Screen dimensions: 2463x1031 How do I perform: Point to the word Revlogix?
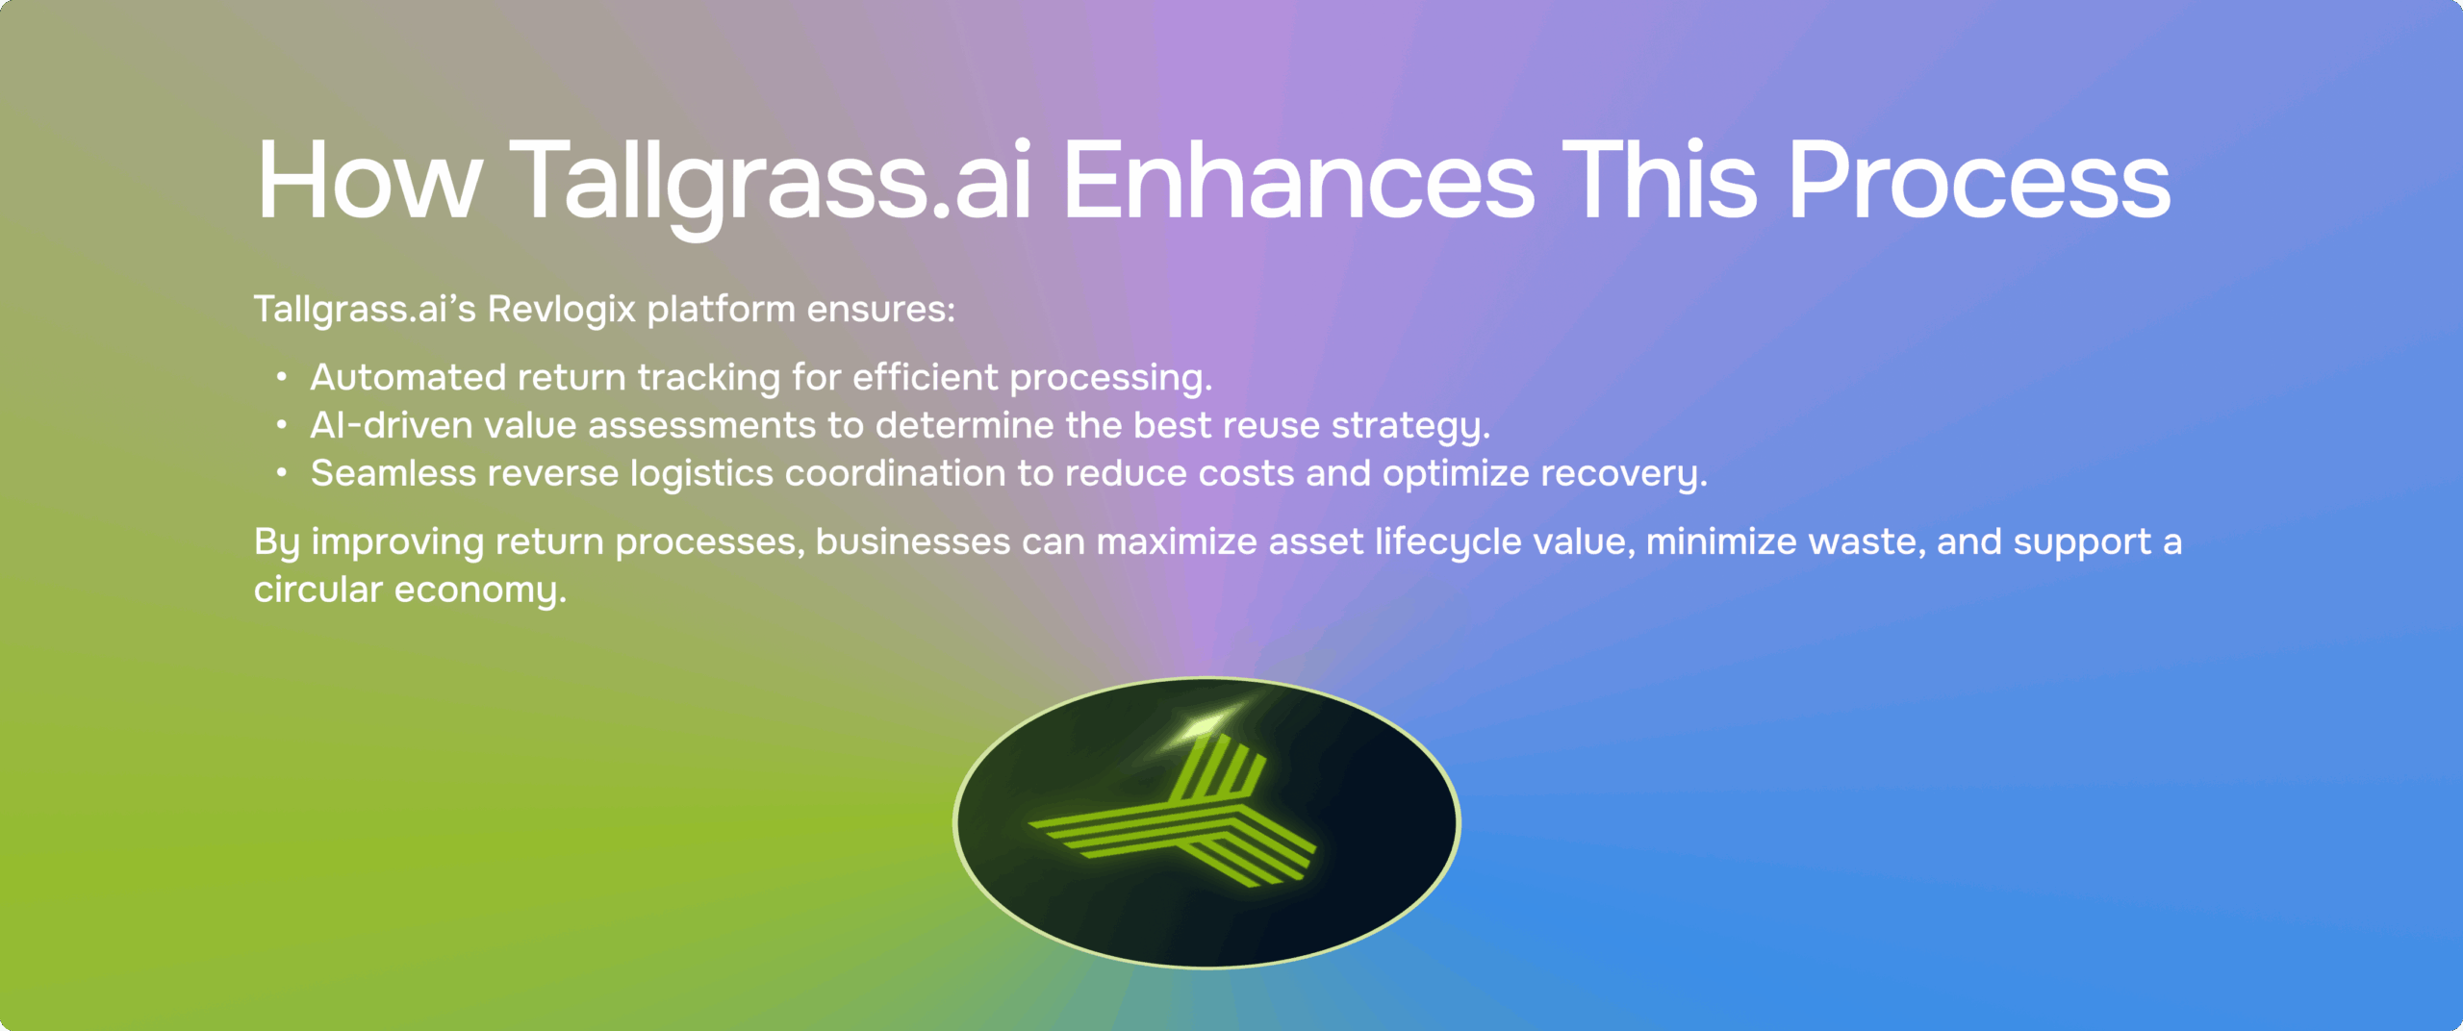(x=562, y=310)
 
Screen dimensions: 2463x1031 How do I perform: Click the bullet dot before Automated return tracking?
(x=281, y=377)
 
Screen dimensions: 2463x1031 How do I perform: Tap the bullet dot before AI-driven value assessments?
(x=281, y=425)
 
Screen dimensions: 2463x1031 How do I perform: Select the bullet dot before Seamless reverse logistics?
(x=281, y=473)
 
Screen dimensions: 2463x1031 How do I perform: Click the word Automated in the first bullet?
(x=408, y=377)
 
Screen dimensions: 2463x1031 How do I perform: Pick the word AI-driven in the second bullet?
(x=392, y=425)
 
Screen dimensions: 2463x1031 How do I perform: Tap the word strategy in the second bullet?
(x=1410, y=426)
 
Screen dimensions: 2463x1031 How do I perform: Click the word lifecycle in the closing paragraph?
(x=1448, y=542)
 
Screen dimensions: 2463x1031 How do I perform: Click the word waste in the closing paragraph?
(x=1867, y=542)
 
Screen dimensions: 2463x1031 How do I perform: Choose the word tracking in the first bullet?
(x=709, y=378)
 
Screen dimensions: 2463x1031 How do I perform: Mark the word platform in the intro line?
(x=721, y=310)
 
